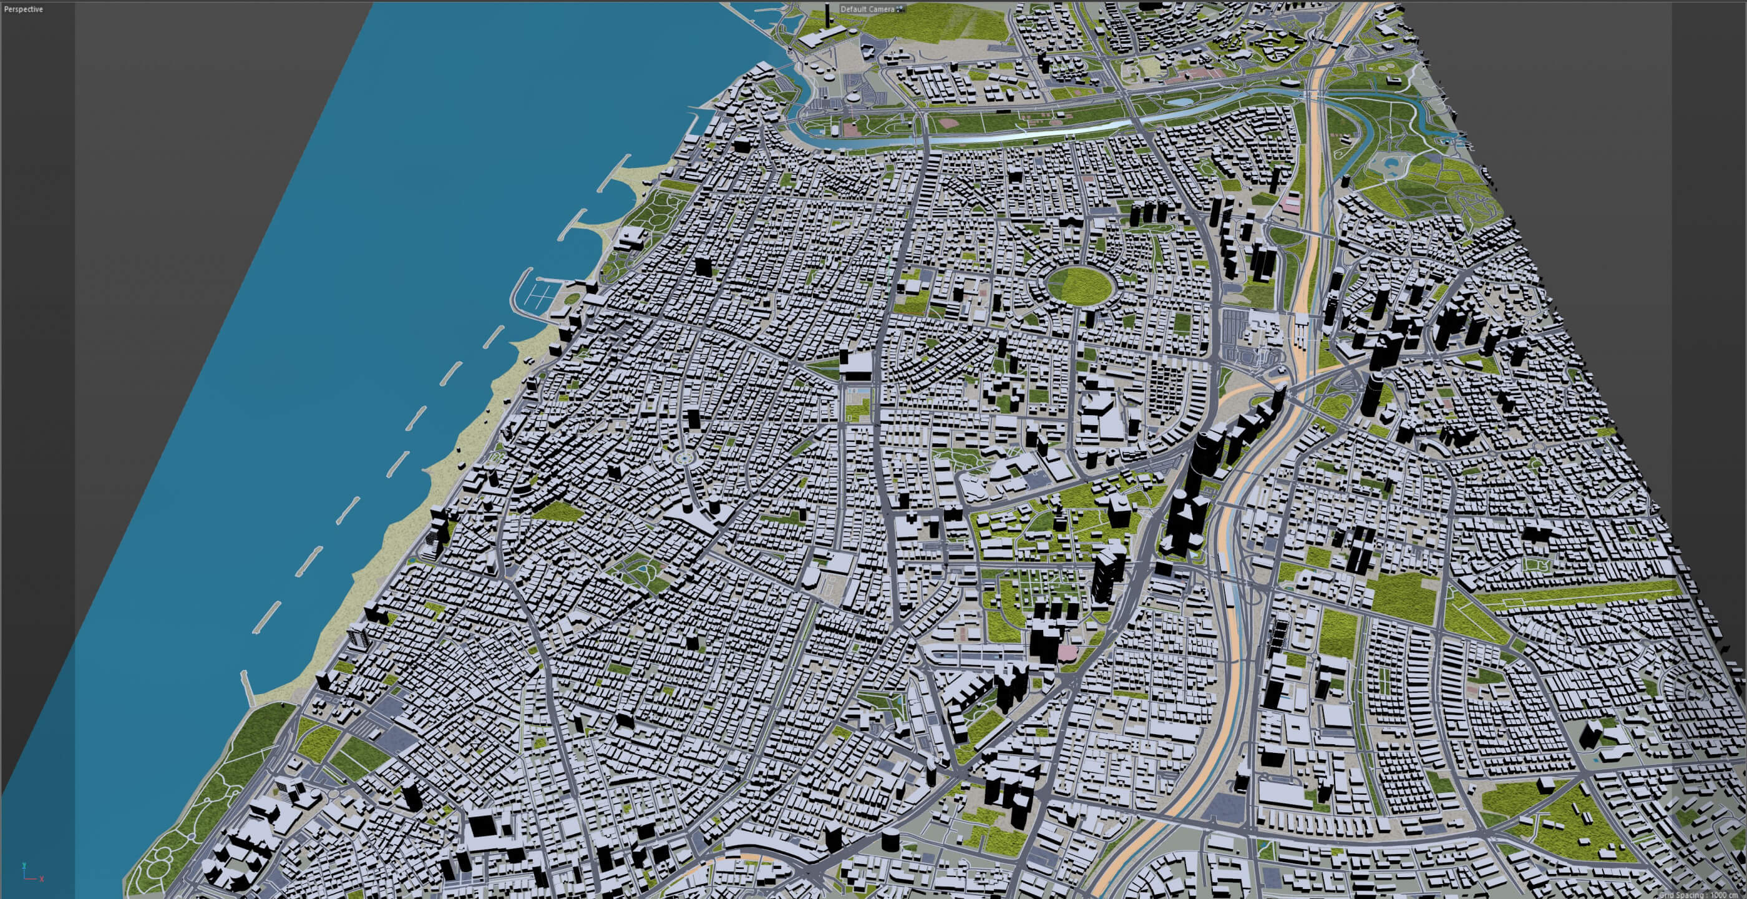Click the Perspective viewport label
coord(23,9)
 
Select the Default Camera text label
coord(867,9)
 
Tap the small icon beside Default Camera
coord(900,9)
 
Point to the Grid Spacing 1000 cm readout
coord(1709,894)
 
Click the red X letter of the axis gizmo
coord(42,879)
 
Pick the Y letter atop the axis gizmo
coord(24,866)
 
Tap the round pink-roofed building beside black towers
coord(1066,652)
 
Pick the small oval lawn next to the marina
coord(572,298)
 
